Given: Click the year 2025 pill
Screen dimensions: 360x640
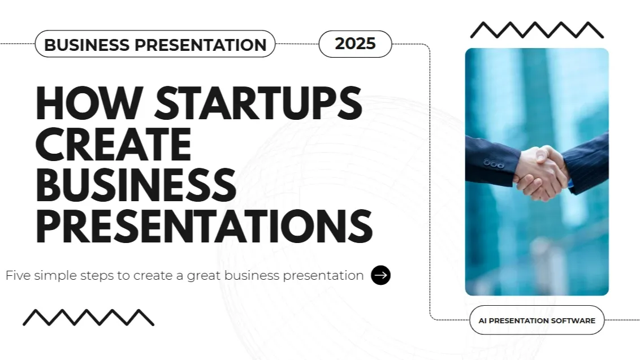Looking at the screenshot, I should [x=355, y=44].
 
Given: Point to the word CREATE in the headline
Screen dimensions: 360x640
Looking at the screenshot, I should [x=113, y=145].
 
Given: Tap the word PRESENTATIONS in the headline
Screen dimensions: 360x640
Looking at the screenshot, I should [x=204, y=227].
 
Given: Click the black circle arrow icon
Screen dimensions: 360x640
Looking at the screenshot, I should [x=380, y=275].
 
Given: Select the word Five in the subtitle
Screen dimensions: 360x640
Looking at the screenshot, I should [x=18, y=276].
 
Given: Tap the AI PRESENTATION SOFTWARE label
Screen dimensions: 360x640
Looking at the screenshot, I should [x=537, y=320].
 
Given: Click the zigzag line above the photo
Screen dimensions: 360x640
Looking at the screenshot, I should [x=537, y=30].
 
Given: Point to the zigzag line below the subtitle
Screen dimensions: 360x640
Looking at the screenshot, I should [x=88, y=317].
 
